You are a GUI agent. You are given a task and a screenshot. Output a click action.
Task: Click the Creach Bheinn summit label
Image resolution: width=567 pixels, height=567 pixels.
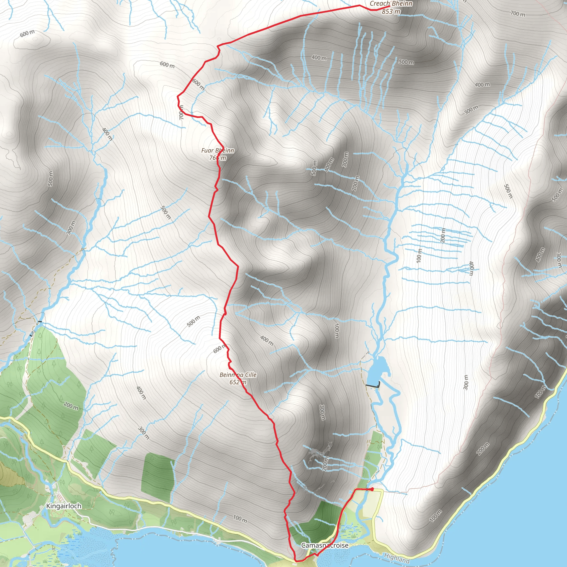point(391,4)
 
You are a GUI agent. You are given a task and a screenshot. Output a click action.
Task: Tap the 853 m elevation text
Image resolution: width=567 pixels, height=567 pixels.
point(391,12)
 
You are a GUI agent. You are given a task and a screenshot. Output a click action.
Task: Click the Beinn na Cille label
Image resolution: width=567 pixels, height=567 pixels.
point(238,375)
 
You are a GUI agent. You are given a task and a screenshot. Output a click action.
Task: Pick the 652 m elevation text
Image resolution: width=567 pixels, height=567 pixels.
point(238,382)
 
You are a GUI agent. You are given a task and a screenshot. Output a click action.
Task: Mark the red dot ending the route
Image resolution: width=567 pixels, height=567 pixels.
point(372,489)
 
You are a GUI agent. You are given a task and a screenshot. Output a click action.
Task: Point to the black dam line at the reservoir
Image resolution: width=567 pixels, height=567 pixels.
point(373,385)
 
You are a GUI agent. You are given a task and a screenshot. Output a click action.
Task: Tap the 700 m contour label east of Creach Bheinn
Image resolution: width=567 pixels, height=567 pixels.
point(518,14)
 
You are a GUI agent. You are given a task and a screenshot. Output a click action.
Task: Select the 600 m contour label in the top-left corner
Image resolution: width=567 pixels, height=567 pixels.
point(27,33)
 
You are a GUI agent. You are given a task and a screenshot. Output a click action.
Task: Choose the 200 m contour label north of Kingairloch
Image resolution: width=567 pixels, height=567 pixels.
point(71,406)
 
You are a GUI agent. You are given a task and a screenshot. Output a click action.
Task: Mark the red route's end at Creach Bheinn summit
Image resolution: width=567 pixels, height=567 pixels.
point(389,7)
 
